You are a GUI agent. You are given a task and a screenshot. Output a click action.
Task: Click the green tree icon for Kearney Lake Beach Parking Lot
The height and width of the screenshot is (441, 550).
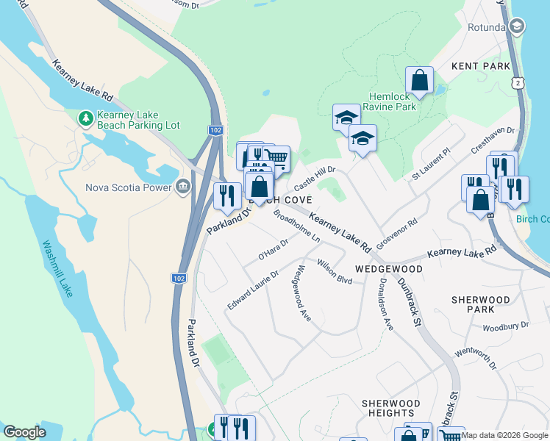pos(87,118)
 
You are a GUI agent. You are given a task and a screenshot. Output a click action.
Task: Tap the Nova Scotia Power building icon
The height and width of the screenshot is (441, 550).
pos(183,187)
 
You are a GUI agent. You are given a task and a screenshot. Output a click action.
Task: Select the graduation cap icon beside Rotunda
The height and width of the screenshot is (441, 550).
pos(517,28)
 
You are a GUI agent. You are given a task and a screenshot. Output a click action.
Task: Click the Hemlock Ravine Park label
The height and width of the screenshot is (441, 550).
pos(393,101)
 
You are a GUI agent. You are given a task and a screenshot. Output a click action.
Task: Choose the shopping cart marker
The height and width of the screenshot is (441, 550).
pos(276,157)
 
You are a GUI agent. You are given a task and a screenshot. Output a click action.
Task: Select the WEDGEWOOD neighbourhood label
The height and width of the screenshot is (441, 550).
pos(389,269)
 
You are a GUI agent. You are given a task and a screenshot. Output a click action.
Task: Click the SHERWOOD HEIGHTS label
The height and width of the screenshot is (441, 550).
pos(391,409)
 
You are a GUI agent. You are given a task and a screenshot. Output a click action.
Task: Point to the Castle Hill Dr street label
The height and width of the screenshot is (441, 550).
pos(315,179)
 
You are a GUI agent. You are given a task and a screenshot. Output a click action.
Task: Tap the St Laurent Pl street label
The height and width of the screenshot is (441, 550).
pos(430,167)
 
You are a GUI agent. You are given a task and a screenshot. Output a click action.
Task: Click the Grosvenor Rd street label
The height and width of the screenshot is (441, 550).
pos(396,232)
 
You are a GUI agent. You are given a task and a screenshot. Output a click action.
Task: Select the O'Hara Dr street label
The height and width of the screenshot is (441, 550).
pos(273,249)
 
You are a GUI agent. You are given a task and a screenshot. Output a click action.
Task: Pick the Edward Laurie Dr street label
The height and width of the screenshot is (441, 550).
pos(253,290)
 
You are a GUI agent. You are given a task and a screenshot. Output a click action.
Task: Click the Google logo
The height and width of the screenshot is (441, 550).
pos(24,432)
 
